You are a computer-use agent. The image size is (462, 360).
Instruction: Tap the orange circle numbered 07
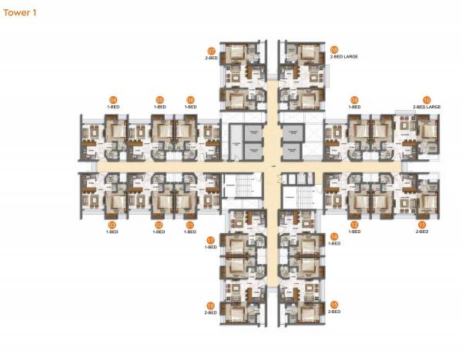click(x=211, y=50)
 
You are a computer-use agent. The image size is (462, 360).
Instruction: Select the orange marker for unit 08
click(x=334, y=49)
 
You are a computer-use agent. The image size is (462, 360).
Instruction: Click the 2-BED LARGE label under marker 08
click(x=345, y=57)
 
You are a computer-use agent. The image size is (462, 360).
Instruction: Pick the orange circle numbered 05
click(x=159, y=99)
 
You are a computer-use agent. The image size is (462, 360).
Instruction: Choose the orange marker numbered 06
click(x=190, y=99)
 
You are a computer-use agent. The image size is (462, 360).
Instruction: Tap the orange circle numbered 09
click(x=354, y=99)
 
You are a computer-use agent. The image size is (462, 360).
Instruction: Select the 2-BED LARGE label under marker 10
click(x=427, y=107)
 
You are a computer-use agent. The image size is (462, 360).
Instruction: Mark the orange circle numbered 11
click(x=421, y=225)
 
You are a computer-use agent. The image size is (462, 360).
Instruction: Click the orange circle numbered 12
click(x=354, y=225)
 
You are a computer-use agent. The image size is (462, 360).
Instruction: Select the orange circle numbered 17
click(x=211, y=240)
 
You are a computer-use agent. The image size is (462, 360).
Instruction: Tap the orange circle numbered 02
click(x=159, y=225)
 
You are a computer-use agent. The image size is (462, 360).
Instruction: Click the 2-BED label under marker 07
click(x=211, y=58)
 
